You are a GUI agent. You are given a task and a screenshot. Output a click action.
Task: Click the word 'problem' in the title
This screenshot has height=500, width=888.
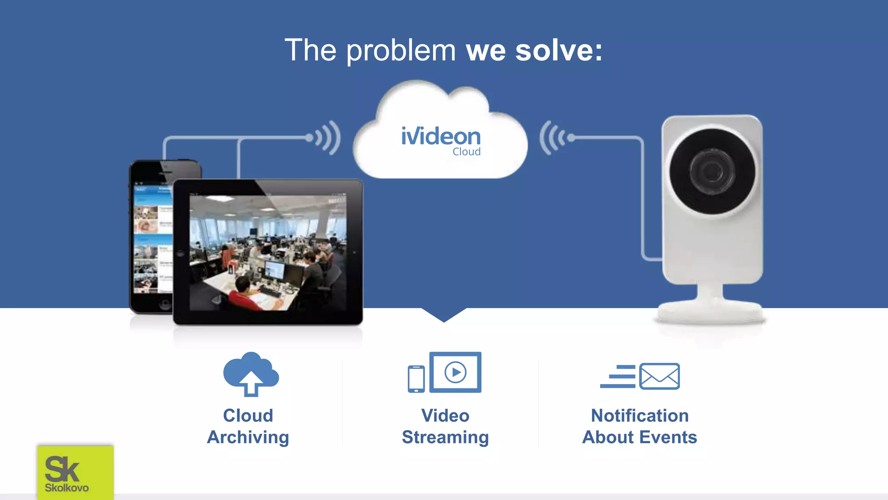(401, 51)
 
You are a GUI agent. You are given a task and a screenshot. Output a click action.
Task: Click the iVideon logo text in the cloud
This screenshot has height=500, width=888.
(441, 136)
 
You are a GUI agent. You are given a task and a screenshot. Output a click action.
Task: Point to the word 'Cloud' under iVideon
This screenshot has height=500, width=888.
(467, 152)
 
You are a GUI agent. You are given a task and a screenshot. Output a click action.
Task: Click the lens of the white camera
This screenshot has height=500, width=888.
(712, 171)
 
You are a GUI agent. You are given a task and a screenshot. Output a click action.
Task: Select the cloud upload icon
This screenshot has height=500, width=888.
(251, 374)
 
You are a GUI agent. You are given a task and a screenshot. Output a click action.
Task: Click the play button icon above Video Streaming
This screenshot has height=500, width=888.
(455, 372)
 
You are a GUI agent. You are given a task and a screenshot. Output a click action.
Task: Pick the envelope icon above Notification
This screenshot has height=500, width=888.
(659, 376)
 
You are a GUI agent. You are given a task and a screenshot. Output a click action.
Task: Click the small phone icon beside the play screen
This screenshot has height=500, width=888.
(416, 379)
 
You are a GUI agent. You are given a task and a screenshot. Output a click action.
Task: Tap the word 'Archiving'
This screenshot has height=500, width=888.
(248, 437)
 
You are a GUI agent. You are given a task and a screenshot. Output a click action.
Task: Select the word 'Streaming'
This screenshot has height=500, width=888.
(445, 437)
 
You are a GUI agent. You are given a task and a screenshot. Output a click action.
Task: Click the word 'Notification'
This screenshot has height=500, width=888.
(640, 416)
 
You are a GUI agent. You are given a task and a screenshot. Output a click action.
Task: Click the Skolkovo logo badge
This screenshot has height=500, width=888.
(75, 472)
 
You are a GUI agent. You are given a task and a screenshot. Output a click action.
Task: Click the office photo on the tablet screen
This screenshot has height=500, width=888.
(268, 253)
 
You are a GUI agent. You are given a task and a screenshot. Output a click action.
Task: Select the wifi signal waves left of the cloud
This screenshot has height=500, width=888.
(327, 138)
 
